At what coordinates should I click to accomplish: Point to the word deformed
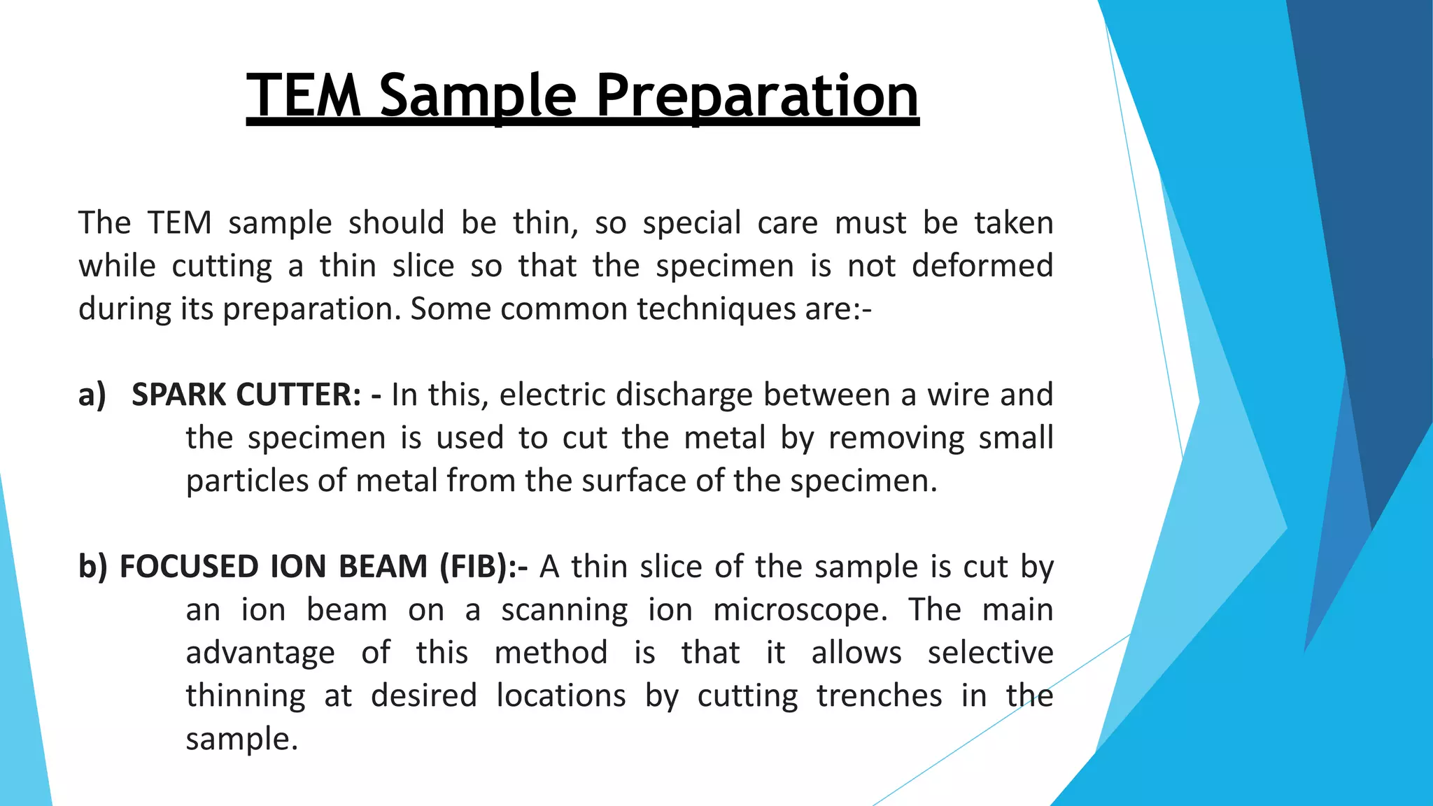click(982, 266)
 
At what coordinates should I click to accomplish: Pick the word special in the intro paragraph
click(691, 223)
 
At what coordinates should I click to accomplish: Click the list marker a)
click(92, 395)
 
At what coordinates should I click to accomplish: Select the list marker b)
click(93, 567)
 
